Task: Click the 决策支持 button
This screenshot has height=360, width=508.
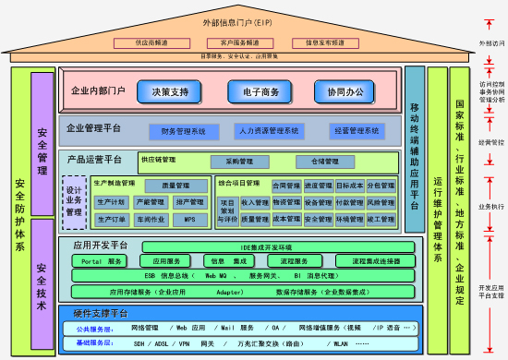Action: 169,91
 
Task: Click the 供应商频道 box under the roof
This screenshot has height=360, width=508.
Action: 150,42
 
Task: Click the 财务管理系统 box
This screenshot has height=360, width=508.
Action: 183,131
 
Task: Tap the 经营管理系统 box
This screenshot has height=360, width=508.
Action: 357,131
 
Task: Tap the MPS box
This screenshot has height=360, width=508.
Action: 189,219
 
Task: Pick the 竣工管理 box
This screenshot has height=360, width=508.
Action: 381,219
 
